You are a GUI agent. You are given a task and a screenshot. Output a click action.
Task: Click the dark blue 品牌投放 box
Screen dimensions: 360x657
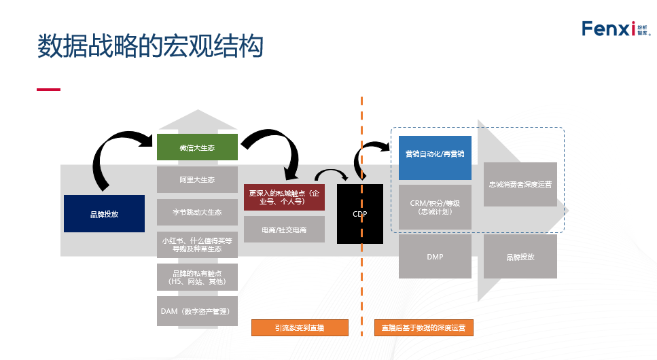(104, 214)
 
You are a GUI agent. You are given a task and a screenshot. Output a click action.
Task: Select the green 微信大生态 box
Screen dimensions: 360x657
(197, 147)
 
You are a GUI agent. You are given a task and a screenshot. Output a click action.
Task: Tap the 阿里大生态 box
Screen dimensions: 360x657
(197, 180)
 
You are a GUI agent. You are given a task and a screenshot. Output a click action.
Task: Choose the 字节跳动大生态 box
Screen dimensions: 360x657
(197, 213)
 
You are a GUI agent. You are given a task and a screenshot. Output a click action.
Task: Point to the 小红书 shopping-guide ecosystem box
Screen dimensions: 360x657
(197, 245)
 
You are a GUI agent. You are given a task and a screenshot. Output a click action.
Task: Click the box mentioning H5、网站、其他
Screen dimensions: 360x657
(197, 277)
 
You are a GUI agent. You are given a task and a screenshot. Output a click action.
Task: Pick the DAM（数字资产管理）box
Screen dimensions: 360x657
(197, 311)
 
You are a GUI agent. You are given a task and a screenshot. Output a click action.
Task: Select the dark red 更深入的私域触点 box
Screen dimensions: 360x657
(284, 197)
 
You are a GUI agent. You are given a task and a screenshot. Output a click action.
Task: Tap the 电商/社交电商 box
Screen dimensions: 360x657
(284, 230)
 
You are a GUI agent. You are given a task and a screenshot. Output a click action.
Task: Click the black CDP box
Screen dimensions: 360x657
(359, 214)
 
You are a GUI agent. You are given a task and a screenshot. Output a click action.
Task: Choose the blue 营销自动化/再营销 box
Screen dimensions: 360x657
(434, 154)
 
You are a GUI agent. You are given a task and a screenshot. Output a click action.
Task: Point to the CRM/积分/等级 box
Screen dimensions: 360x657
(434, 207)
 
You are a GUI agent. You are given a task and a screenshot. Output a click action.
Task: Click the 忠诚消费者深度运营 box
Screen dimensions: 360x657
(520, 184)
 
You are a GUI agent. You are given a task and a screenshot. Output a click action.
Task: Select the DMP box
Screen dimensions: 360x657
(434, 257)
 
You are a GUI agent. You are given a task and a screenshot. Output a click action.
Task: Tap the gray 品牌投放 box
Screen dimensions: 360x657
(520, 257)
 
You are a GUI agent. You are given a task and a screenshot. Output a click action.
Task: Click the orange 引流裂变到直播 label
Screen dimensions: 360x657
(300, 327)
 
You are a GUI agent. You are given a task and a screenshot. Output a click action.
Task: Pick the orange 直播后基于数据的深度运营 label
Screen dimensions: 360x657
(423, 327)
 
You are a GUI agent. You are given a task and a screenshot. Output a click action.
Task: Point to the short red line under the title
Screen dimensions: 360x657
(48, 89)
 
